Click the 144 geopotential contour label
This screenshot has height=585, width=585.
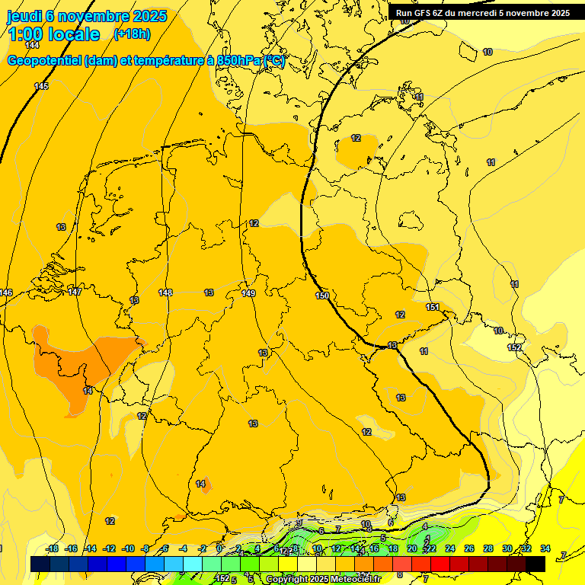click(32, 45)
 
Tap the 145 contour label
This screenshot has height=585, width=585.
click(41, 86)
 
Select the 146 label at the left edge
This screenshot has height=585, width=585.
click(6, 293)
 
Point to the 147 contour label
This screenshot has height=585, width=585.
click(75, 292)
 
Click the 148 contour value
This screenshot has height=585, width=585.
click(165, 292)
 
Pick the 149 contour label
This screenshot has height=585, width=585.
click(248, 293)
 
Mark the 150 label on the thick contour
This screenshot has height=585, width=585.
click(322, 296)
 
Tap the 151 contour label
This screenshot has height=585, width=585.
click(433, 307)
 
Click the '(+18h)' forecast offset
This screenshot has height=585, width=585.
click(131, 34)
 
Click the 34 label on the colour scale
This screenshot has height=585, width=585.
click(545, 548)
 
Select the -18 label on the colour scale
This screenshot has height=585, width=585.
click(53, 548)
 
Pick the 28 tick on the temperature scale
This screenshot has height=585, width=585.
click(488, 548)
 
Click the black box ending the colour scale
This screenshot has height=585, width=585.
click(535, 564)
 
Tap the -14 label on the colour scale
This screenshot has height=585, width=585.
click(90, 548)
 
